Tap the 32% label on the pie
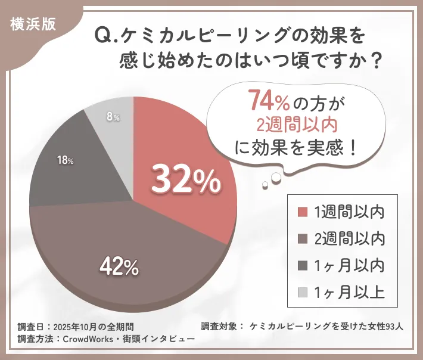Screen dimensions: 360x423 (185, 178)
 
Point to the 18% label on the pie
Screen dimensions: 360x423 (65, 161)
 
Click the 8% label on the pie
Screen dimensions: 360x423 (113, 117)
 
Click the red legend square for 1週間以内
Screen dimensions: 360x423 (302, 212)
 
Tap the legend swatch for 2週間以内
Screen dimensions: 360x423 (302, 238)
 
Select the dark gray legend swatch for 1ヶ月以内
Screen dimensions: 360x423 (302, 265)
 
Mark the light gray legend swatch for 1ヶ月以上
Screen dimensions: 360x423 (302, 292)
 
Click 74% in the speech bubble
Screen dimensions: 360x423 (269, 102)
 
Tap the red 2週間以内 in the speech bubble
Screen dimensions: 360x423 (288, 125)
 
